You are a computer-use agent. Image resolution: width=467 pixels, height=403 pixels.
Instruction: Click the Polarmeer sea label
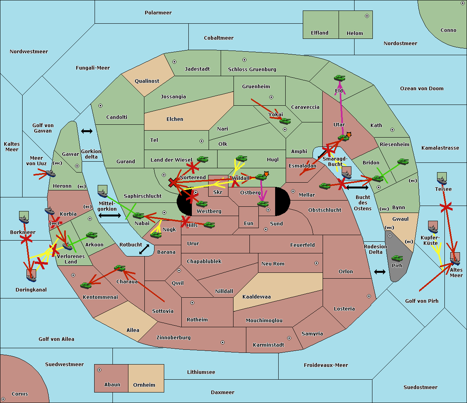point(158,13)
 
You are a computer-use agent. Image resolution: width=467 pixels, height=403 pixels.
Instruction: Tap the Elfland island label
point(320,33)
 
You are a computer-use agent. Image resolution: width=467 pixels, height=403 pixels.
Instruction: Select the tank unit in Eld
point(339,78)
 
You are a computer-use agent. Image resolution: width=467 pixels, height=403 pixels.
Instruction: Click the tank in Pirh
point(397,258)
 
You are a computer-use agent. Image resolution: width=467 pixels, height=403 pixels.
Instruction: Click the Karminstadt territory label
point(269,345)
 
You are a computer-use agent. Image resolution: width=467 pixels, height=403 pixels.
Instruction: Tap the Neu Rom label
point(273,264)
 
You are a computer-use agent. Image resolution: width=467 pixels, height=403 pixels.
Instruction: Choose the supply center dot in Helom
point(367,16)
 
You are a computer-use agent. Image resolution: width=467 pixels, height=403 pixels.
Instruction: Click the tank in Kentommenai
point(86,286)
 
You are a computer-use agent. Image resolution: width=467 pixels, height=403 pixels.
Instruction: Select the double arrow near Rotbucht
point(144,249)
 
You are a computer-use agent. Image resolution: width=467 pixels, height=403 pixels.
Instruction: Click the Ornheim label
point(144,385)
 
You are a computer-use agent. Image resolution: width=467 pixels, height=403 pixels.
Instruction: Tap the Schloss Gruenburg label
point(252,70)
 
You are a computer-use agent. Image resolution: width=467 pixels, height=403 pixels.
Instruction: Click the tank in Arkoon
point(91,235)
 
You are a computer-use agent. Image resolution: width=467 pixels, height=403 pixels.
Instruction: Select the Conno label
point(448,30)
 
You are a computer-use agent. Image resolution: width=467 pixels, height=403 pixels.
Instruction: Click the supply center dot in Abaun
point(99,370)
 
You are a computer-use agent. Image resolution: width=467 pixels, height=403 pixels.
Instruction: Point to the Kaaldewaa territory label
point(256,297)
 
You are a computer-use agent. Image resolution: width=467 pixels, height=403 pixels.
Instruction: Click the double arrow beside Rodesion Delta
point(380,272)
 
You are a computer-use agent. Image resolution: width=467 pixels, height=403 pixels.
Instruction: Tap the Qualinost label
point(147,81)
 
